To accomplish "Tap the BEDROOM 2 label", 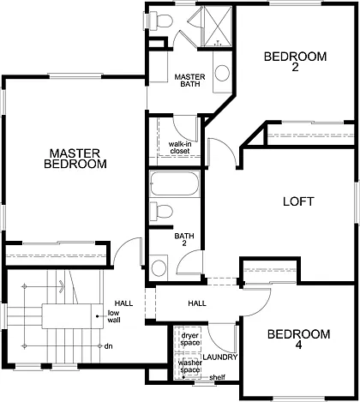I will tap(295, 63).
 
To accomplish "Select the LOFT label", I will tap(297, 202).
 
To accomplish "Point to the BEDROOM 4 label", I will tap(297, 340).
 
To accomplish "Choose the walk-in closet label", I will tap(179, 147).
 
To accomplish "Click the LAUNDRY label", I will tap(220, 357).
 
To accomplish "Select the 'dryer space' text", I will tap(189, 339).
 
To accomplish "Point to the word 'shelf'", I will tap(217, 378).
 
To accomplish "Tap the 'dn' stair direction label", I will tap(108, 346).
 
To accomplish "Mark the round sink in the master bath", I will tap(221, 74).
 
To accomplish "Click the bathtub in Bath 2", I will tap(175, 184).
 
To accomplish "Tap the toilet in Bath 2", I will tap(162, 211).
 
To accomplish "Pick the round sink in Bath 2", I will tap(159, 267).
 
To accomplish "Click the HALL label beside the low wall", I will tap(123, 303).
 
